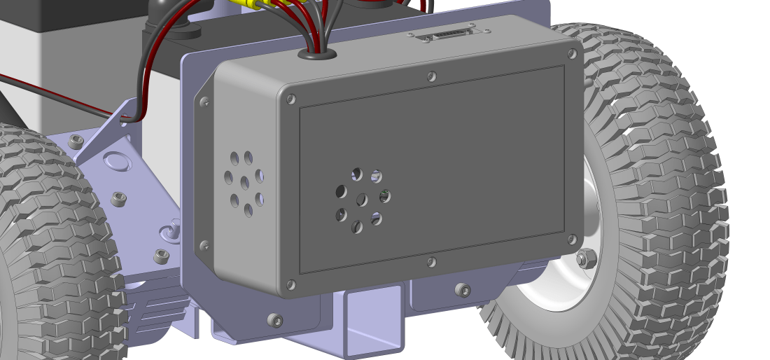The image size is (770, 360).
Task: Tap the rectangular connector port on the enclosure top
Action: tap(444, 34)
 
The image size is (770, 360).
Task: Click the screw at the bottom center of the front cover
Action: tap(432, 263)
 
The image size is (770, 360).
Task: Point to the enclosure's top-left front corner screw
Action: tap(291, 99)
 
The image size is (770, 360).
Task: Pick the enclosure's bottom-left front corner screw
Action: tap(291, 284)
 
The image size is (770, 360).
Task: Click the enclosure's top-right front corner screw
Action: tap(572, 53)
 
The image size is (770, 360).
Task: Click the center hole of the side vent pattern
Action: tap(244, 183)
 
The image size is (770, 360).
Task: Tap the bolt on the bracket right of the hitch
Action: tap(462, 289)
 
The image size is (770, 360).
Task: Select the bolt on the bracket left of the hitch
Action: tap(275, 320)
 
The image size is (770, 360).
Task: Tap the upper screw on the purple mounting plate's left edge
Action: tap(204, 102)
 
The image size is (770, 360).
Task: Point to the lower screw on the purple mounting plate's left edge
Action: tap(204, 246)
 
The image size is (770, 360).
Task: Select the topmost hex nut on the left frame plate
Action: tap(76, 141)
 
